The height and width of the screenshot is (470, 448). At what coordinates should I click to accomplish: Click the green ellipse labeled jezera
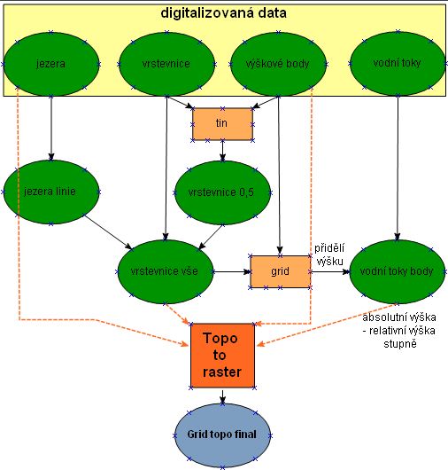click(50, 64)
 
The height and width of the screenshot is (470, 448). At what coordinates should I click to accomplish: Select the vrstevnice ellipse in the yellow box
click(166, 64)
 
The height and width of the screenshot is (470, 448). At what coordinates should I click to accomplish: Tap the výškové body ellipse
click(278, 64)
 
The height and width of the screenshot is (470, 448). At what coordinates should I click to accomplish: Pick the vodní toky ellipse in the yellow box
click(398, 63)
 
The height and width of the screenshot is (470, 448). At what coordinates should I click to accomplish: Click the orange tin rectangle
click(222, 124)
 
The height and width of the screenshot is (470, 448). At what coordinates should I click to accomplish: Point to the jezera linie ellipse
click(50, 192)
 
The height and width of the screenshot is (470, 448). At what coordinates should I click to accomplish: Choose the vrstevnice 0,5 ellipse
click(222, 192)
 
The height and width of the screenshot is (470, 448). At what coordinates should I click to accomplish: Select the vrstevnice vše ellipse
click(165, 271)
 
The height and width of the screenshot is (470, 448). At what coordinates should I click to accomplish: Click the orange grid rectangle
click(280, 271)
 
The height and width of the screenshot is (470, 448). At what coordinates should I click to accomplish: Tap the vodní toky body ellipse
click(398, 271)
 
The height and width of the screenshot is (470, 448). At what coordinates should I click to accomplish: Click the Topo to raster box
click(222, 356)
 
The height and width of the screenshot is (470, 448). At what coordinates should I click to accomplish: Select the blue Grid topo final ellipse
click(222, 435)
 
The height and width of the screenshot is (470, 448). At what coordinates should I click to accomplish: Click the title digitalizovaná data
click(223, 13)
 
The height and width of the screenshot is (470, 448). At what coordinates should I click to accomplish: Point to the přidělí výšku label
click(329, 255)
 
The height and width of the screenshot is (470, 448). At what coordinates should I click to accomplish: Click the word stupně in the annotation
click(400, 344)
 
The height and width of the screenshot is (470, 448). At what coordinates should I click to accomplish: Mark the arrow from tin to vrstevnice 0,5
click(222, 151)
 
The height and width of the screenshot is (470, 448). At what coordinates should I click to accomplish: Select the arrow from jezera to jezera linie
click(51, 129)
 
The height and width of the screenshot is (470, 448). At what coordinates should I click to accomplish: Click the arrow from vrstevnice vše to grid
click(232, 272)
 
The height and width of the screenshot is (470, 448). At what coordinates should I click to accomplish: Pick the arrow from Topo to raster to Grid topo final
click(222, 396)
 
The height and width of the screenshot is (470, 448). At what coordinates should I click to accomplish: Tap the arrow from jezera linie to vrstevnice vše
click(108, 231)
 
